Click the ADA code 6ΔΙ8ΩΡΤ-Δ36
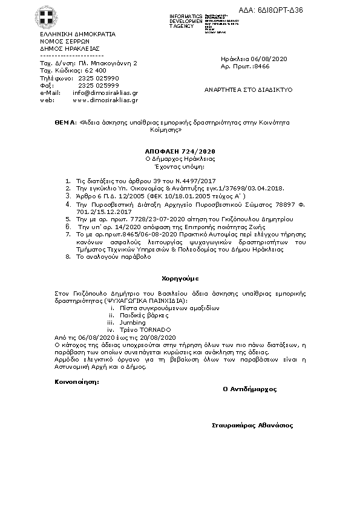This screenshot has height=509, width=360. click(330, 11)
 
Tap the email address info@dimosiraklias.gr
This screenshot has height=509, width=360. click(105, 93)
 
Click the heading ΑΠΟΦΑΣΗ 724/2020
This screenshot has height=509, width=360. click(180, 150)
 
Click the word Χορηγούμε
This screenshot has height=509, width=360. click(180, 279)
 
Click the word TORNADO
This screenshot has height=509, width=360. click(151, 329)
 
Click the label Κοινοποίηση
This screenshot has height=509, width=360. click(76, 381)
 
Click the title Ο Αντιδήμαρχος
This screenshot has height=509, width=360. click(249, 389)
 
